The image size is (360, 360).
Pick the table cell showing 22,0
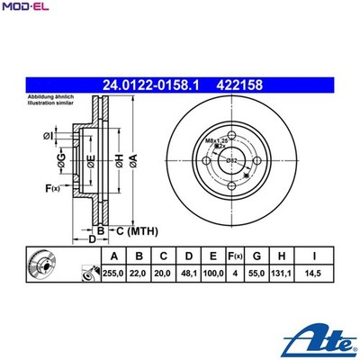pyautogui.click(x=139, y=272)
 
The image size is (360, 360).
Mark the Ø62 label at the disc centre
pyautogui.click(x=232, y=160)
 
